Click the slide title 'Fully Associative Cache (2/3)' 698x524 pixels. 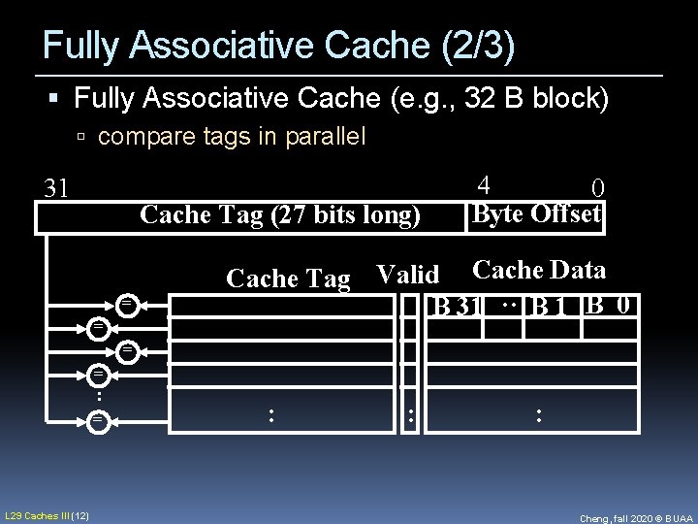(279, 45)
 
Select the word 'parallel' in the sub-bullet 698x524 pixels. (325, 137)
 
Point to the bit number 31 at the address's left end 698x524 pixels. (57, 187)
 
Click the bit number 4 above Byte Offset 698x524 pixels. (485, 183)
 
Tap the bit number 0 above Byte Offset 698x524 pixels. (598, 187)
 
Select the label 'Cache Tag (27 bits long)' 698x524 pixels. (280, 214)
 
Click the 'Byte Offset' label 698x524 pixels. (536, 213)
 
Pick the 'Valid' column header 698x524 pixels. (407, 276)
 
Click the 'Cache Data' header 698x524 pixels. (539, 271)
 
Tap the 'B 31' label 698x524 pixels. (458, 307)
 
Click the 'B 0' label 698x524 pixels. (611, 305)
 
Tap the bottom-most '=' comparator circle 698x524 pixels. (97, 420)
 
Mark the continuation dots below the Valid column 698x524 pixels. (411, 416)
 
